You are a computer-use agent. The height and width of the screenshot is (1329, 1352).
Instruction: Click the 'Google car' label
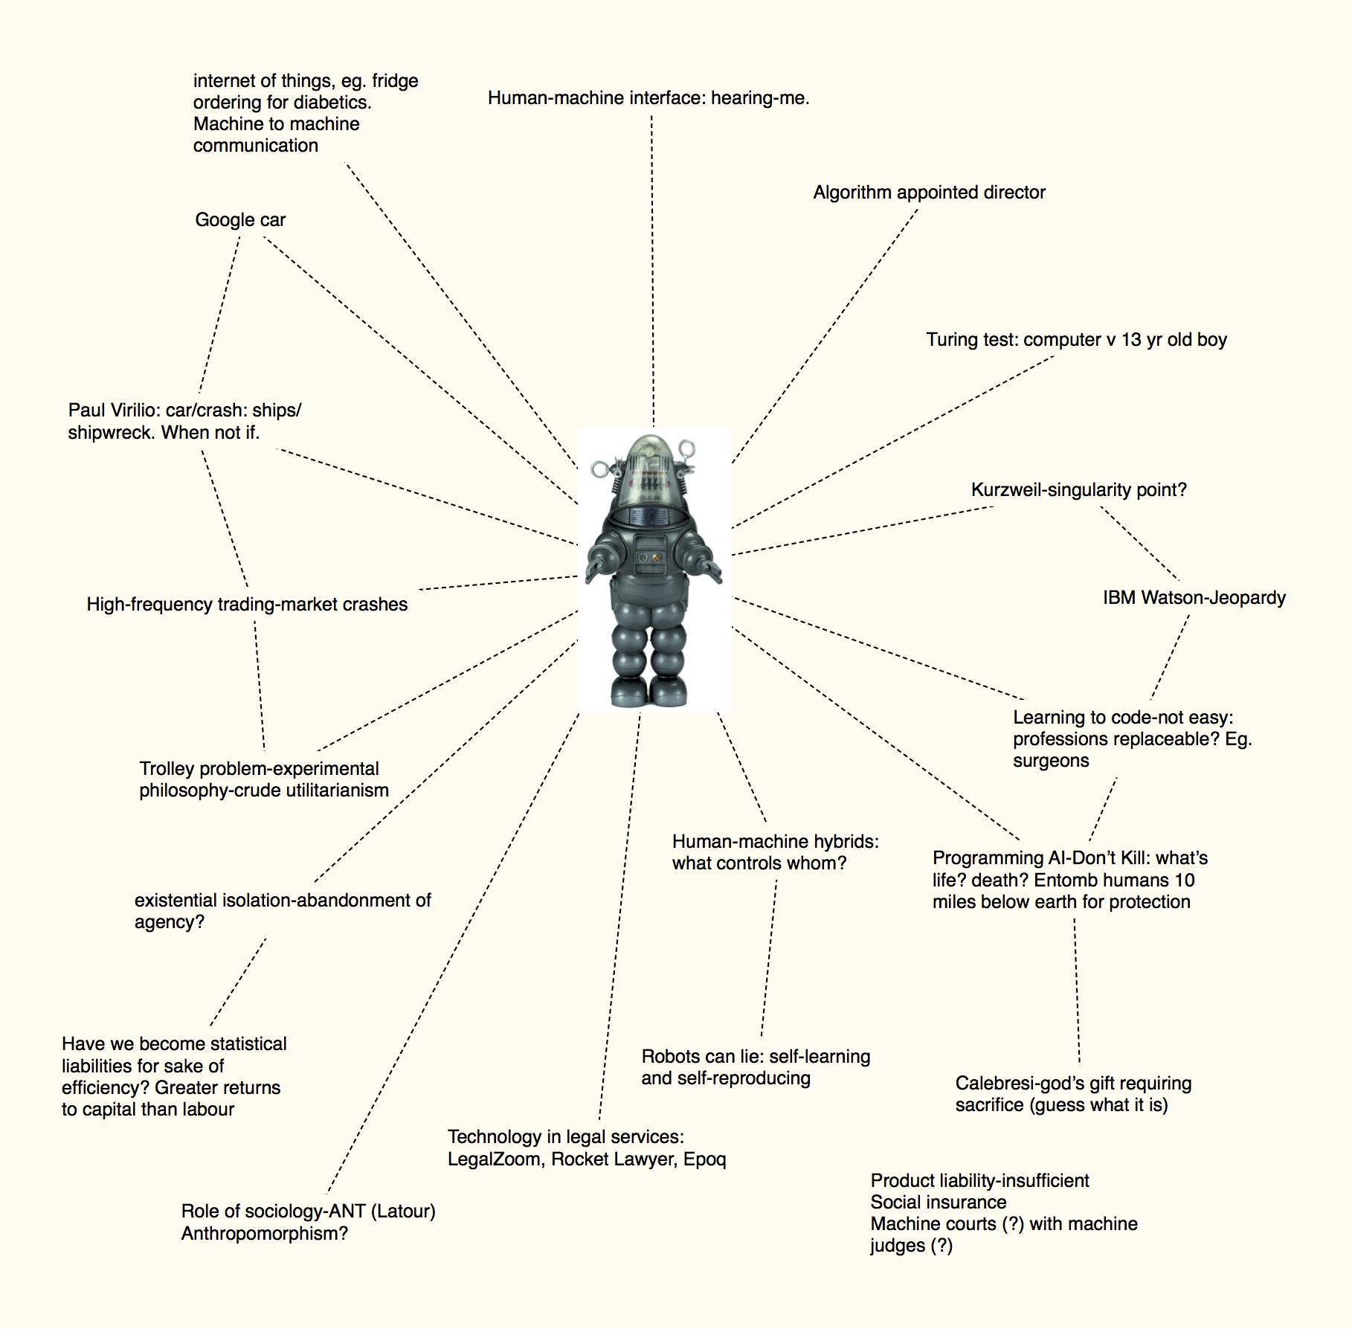coord(240,220)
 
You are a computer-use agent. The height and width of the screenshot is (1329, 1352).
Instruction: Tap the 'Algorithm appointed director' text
coord(929,193)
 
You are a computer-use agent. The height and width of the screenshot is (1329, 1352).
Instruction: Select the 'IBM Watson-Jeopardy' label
coord(1194,598)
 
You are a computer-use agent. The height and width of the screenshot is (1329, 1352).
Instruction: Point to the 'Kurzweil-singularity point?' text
coord(1078,490)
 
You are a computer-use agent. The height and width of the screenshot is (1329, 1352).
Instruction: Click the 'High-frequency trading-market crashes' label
coord(247,605)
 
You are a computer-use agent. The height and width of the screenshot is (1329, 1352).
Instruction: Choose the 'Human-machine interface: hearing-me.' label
coord(648,98)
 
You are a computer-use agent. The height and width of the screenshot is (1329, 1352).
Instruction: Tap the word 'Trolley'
coord(164,769)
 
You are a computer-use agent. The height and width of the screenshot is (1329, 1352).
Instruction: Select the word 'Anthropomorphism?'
coord(264,1234)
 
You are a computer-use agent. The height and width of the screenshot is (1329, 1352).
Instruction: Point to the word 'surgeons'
coord(1050,761)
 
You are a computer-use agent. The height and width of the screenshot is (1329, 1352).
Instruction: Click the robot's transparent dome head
coord(651,461)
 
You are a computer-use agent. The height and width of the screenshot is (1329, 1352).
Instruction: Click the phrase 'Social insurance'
coord(938,1203)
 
